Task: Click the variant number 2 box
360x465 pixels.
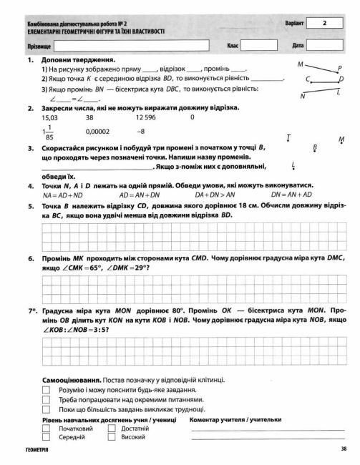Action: tap(326, 24)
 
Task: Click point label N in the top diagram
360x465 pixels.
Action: tap(303, 96)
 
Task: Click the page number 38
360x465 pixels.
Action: tap(344, 449)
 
